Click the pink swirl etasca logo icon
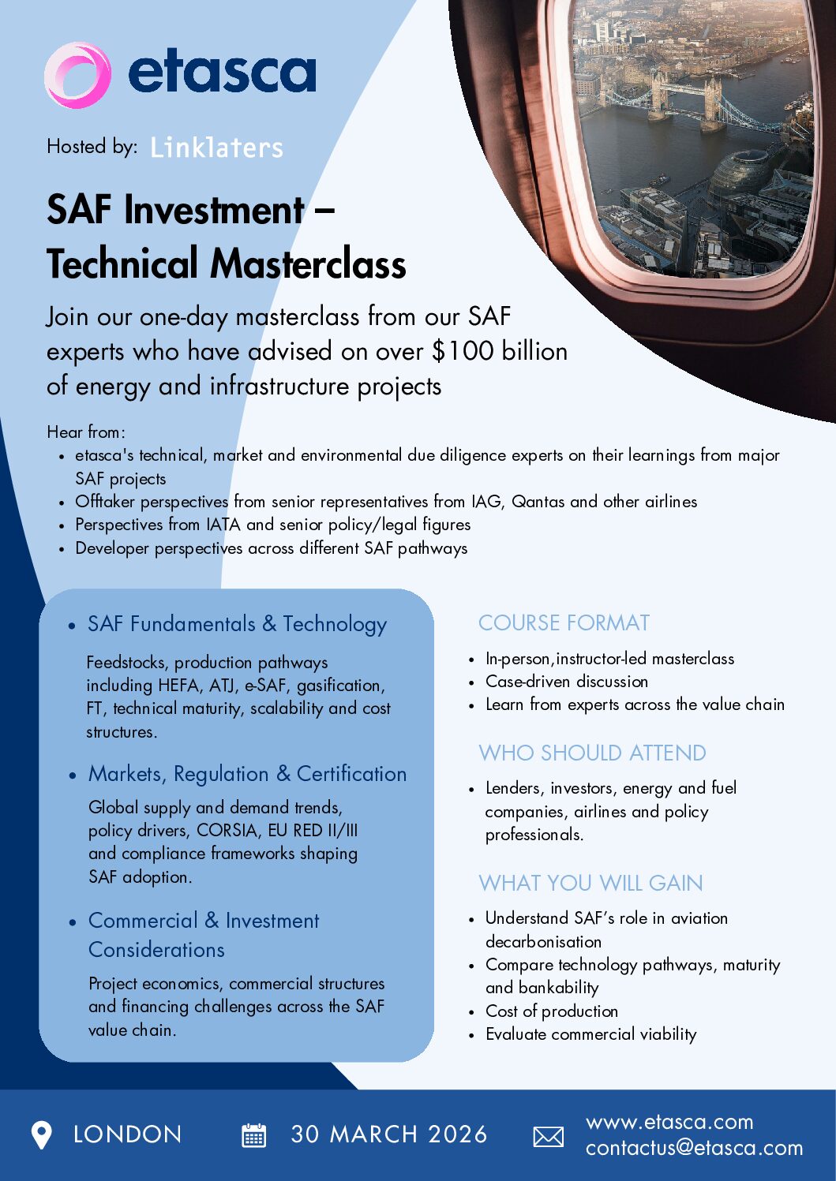(77, 75)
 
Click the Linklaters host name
(216, 148)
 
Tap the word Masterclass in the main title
(308, 264)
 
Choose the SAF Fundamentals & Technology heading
(237, 624)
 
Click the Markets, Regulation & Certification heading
(247, 774)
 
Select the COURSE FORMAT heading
(564, 623)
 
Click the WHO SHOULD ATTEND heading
(592, 753)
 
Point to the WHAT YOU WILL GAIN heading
(590, 883)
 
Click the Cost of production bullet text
(552, 1011)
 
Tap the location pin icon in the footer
(41, 1134)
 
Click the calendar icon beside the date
(253, 1135)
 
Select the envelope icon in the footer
(549, 1136)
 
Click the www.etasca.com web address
(669, 1122)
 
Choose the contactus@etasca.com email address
(694, 1149)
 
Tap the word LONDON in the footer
(127, 1134)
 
